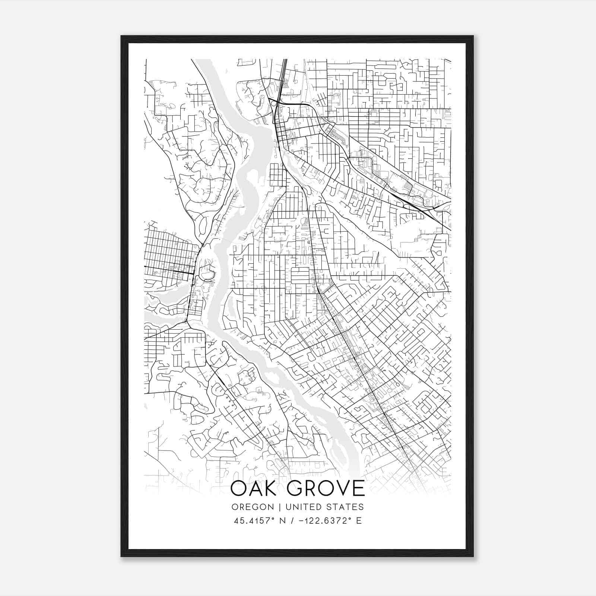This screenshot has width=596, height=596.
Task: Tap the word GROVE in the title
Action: pos(326,488)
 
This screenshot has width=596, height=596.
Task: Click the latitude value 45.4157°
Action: pos(255,520)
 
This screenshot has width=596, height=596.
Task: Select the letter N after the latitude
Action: pos(283,520)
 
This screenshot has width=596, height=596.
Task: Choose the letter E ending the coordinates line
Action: pos(359,520)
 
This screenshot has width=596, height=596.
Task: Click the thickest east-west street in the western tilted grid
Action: pos(169,270)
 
